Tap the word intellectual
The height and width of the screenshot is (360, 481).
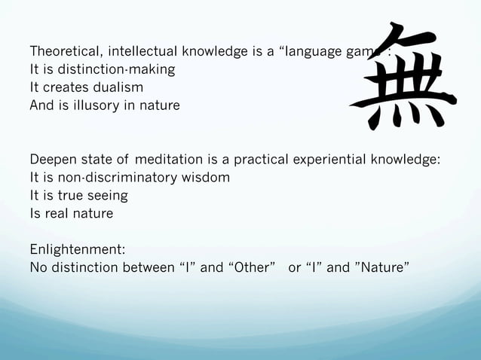point(143,52)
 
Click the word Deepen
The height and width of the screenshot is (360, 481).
point(54,160)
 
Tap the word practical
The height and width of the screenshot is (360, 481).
point(265,160)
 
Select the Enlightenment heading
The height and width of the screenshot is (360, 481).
point(77,249)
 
